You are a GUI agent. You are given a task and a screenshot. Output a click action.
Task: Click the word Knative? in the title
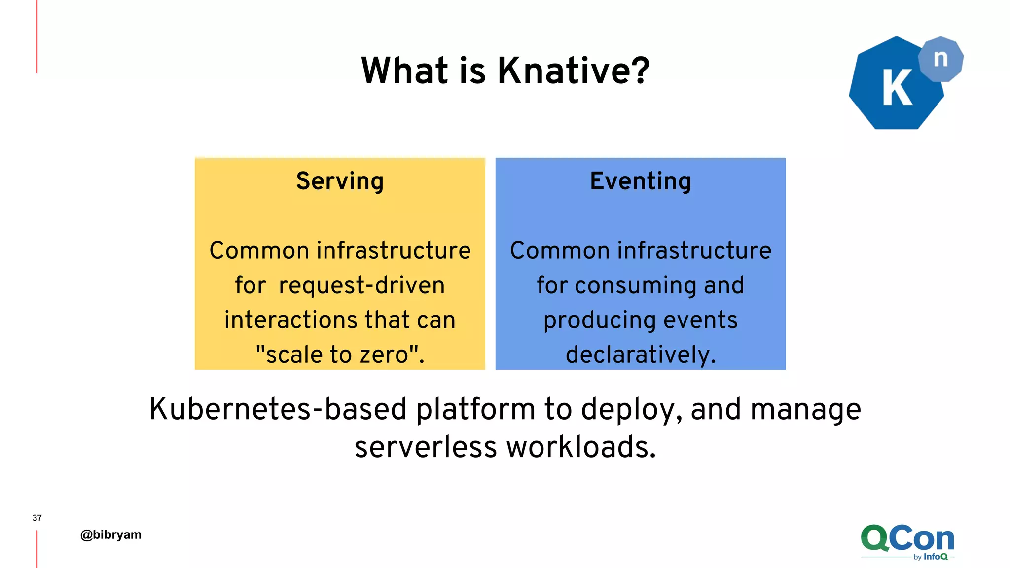tap(573, 71)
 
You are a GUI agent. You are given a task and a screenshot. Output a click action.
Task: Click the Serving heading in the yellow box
tap(340, 181)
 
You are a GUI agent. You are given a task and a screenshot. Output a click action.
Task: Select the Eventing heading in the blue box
tap(640, 181)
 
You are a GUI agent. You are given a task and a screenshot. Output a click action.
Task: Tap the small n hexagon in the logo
tap(940, 59)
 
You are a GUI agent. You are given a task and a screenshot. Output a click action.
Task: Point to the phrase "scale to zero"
tap(340, 355)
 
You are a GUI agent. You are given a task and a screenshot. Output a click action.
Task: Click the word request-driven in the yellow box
tap(361, 285)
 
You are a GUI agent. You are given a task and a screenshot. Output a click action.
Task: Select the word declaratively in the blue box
tap(639, 355)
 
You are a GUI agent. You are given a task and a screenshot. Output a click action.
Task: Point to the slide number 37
tap(37, 518)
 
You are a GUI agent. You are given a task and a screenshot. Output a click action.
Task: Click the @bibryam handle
tap(111, 535)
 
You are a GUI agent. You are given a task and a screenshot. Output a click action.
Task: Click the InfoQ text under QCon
tap(936, 557)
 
